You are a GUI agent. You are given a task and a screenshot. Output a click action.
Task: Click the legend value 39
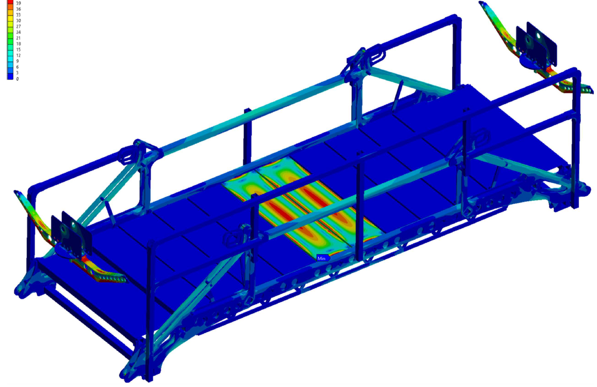[18, 3]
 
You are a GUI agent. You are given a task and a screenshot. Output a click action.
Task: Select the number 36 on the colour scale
[18, 9]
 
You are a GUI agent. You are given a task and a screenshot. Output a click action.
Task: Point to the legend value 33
[18, 15]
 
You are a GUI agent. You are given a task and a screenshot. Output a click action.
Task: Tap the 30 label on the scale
[18, 21]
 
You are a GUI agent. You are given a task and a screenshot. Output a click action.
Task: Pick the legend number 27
[18, 26]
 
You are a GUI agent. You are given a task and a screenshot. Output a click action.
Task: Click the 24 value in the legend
[18, 32]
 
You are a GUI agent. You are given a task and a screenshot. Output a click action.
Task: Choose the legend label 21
[18, 38]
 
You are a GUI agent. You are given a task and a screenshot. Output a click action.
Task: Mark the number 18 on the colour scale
[18, 44]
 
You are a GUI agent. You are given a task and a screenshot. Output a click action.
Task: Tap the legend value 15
[18, 49]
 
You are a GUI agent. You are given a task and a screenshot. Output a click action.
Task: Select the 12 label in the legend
[18, 55]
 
